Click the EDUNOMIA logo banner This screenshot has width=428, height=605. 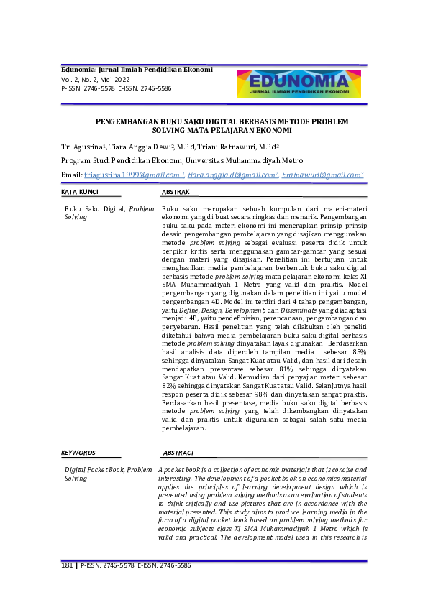pos(299,84)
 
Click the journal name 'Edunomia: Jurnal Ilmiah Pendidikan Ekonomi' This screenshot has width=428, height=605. pos(137,70)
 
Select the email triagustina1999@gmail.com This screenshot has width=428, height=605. pos(124,175)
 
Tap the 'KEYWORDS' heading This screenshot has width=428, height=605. pos(78,453)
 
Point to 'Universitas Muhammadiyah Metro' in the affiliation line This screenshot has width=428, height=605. pos(244,160)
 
